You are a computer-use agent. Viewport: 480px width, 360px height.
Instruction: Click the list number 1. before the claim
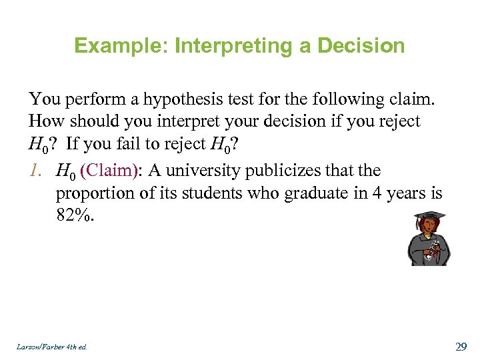point(39,171)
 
